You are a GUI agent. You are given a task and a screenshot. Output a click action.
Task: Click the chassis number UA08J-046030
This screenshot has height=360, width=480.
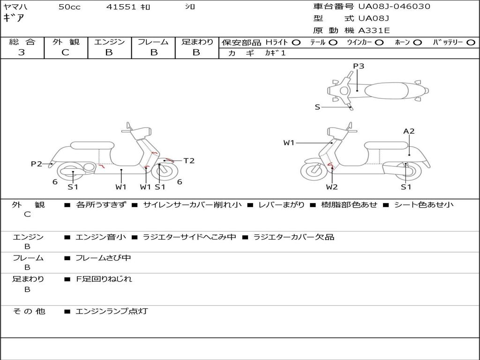394,6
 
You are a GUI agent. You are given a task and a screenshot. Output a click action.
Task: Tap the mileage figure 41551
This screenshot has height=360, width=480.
121,7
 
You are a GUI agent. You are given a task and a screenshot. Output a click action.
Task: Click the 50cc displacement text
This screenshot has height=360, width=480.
69,7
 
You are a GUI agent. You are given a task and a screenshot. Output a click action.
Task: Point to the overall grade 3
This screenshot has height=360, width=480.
22,52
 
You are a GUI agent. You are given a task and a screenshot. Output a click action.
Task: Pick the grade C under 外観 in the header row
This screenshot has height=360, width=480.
65,52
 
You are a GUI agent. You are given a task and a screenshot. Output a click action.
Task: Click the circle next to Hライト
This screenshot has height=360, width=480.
296,43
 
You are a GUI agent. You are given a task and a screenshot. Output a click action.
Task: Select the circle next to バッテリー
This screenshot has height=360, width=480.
471,43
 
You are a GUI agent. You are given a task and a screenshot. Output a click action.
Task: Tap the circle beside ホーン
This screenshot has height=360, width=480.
417,43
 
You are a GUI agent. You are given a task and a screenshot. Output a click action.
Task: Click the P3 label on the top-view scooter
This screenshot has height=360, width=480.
359,66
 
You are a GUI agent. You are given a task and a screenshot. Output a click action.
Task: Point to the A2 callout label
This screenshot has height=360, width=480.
409,131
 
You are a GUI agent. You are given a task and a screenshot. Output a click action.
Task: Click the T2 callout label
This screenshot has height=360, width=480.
189,160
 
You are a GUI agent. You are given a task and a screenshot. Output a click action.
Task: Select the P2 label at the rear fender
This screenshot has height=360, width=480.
36,164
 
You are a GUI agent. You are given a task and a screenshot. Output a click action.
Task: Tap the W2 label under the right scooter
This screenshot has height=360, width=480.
331,187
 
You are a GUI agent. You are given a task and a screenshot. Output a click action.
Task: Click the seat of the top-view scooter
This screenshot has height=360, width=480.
386,91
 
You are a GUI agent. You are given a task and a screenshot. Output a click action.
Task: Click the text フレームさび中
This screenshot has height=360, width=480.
103,258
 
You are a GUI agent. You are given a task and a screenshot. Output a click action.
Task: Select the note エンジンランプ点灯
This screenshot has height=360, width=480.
112,311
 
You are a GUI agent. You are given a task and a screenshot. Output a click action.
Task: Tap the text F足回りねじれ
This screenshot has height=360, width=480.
104,279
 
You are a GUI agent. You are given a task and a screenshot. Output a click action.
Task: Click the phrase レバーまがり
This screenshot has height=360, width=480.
281,204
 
